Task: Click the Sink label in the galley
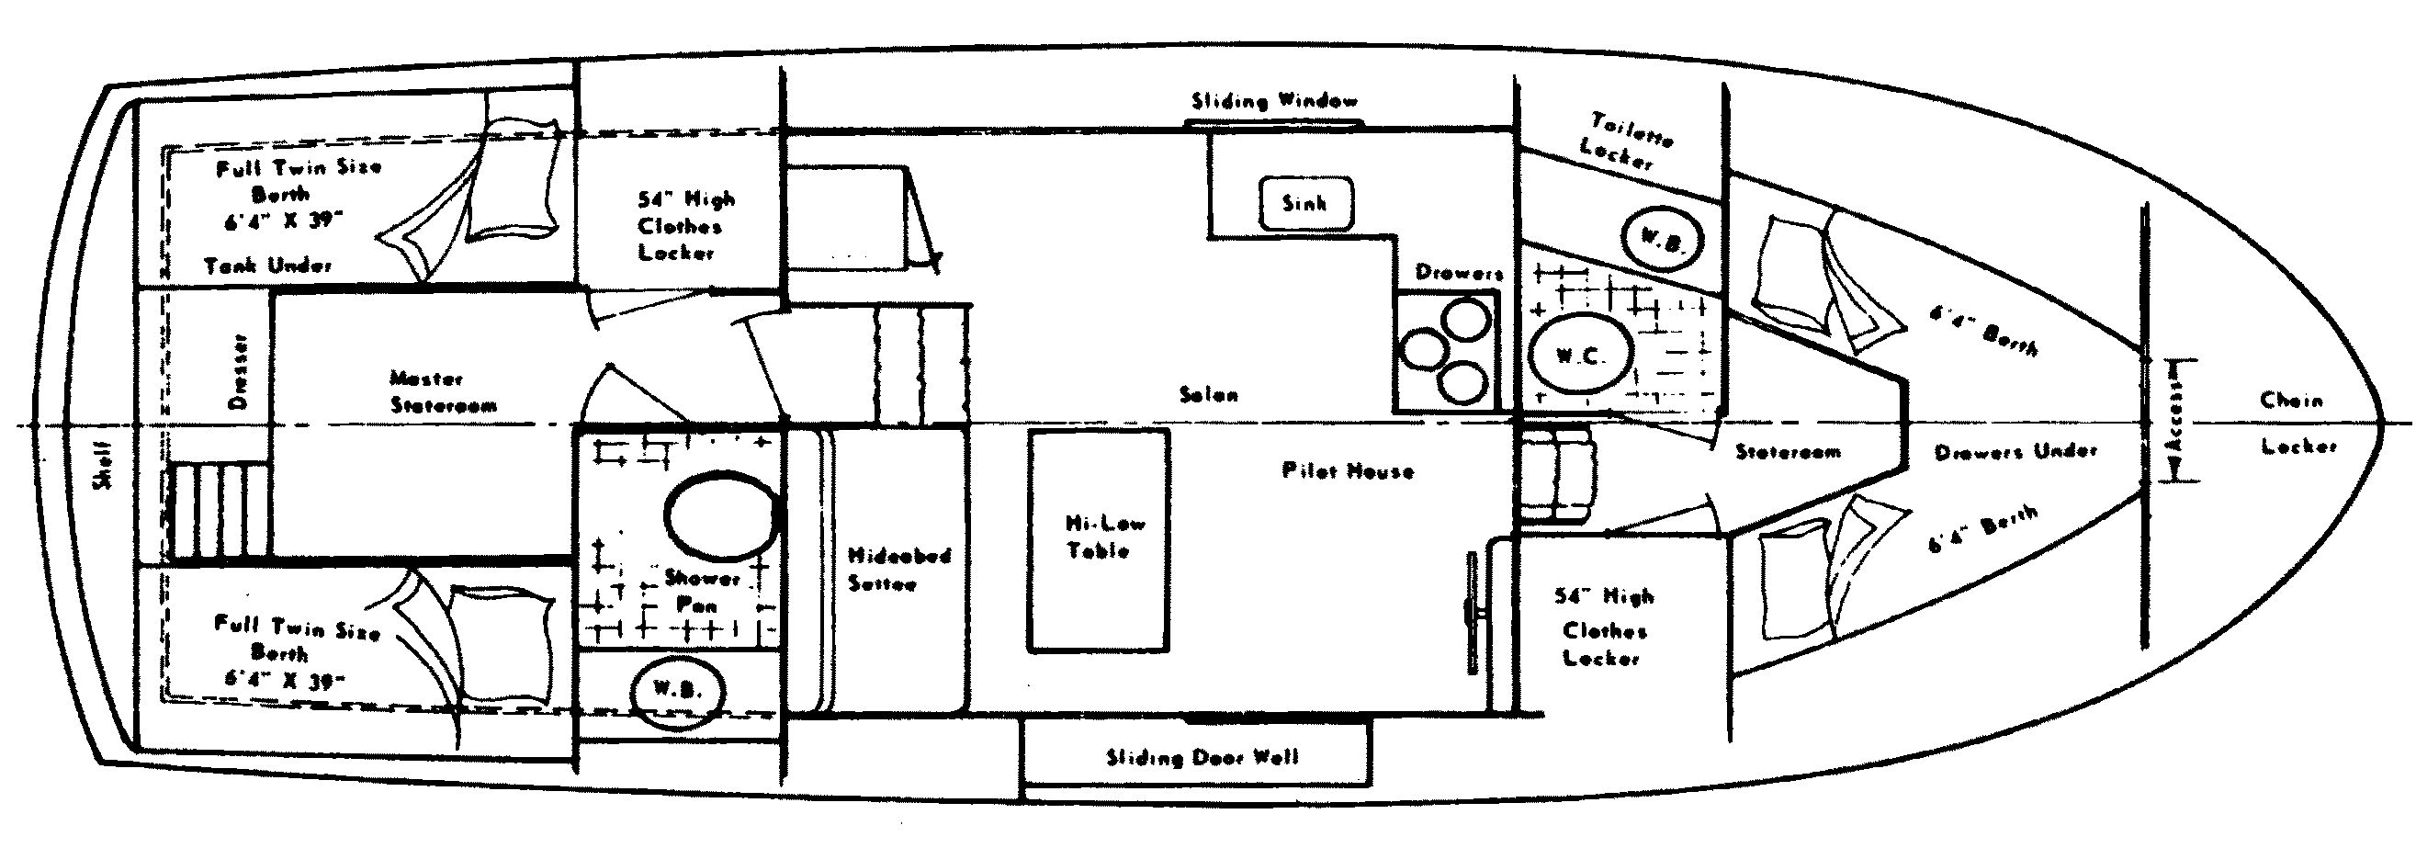point(1304,203)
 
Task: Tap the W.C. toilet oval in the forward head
point(1581,356)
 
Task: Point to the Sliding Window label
point(1273,101)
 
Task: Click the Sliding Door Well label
point(1202,757)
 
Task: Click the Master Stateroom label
point(443,392)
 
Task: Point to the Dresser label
point(237,372)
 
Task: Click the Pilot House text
point(1348,471)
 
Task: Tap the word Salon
point(1209,395)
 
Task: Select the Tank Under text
point(269,266)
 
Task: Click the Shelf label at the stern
point(101,465)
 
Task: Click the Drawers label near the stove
point(1460,273)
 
